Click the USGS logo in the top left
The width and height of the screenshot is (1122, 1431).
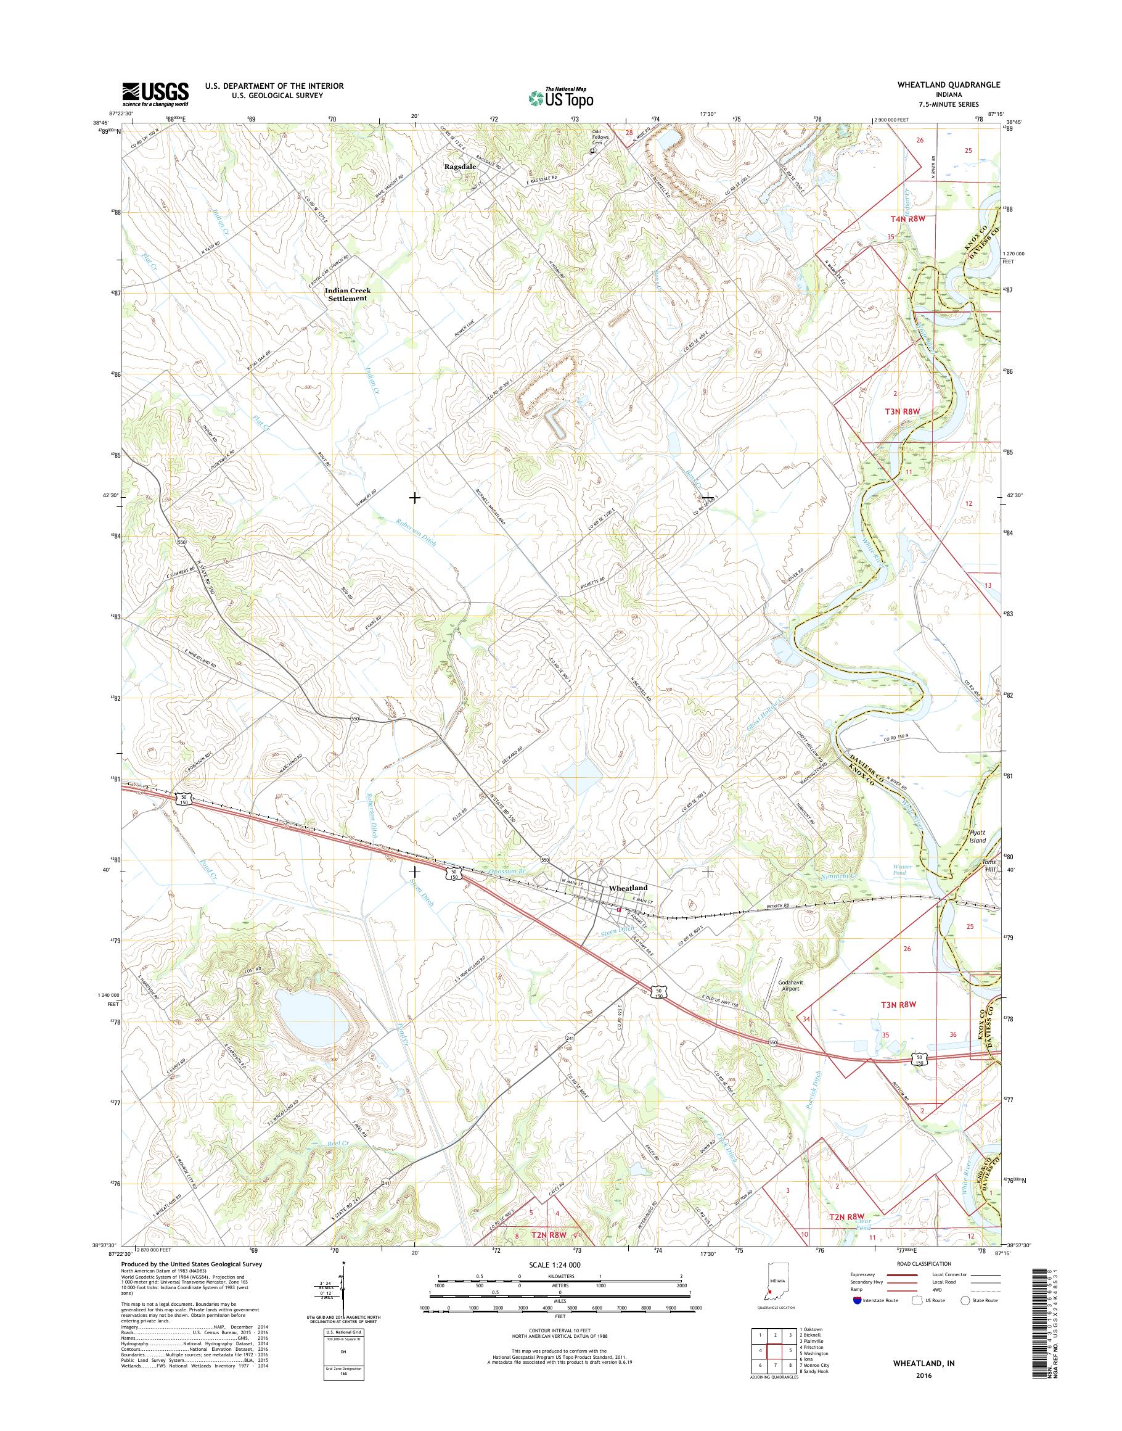pos(155,94)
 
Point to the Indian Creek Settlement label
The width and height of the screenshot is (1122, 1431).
pos(348,294)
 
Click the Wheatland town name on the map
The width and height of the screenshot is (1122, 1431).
pos(628,888)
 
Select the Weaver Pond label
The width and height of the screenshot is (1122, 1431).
pos(903,870)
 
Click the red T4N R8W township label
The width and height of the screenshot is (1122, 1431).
pos(898,219)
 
